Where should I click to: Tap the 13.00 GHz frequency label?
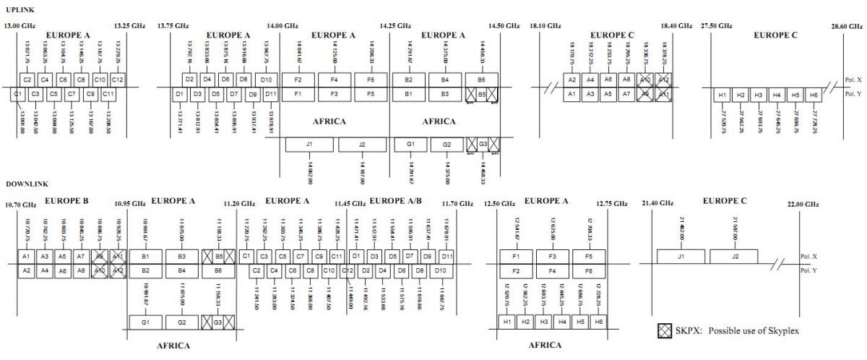(20, 26)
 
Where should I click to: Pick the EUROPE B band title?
(66, 200)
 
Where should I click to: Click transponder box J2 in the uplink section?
(363, 145)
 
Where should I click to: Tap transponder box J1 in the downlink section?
(681, 256)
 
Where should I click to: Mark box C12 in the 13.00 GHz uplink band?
(118, 80)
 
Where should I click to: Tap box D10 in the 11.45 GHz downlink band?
(440, 270)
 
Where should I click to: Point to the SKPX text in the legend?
(684, 330)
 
